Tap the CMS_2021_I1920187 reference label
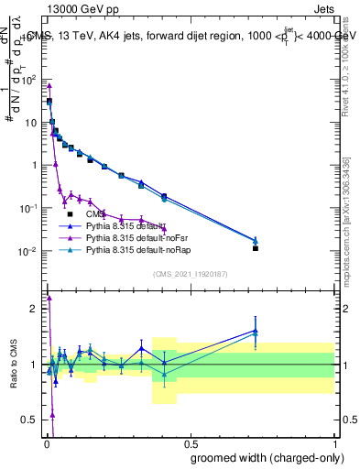pos(191,274)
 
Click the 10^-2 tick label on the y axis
pos(30,252)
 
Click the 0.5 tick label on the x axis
pos(190,442)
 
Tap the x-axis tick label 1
pos(334,442)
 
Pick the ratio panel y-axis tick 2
pos(35,309)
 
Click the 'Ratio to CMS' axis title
pos(14,365)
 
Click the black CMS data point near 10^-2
pos(256,248)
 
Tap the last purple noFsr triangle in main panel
pos(164,229)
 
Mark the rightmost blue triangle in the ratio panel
pos(256,330)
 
